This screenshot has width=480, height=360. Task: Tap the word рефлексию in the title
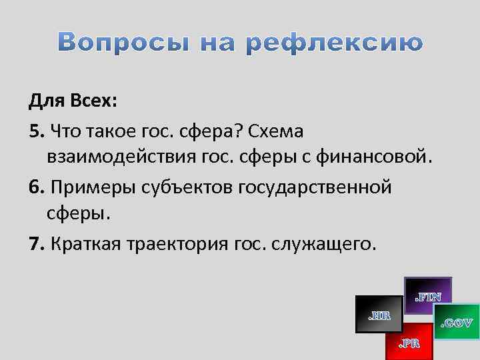click(335, 43)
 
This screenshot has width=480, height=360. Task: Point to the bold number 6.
click(34, 187)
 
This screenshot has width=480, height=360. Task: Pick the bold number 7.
click(34, 244)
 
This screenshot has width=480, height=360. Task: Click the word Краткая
click(83, 244)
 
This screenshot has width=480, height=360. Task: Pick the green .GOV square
click(457, 323)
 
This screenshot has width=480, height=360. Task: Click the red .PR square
click(409, 342)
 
